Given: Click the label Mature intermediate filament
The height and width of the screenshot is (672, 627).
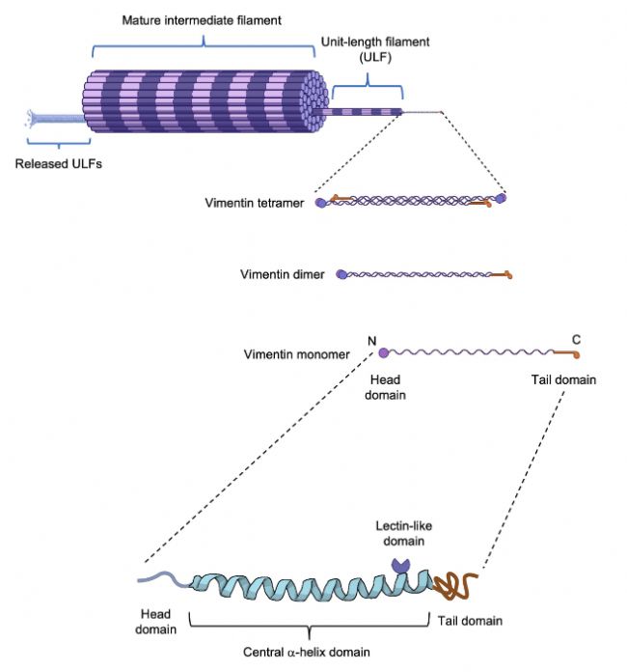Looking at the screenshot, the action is pyautogui.click(x=202, y=20).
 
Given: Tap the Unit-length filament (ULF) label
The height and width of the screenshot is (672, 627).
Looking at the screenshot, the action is pyautogui.click(x=375, y=49).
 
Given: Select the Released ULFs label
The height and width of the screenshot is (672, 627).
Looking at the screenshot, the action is pyautogui.click(x=59, y=164).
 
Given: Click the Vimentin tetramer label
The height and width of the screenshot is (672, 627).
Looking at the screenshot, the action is pyautogui.click(x=255, y=203).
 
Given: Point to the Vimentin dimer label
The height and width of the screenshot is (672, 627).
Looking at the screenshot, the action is pyautogui.click(x=283, y=274).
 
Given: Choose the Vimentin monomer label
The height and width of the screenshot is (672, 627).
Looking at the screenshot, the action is pyautogui.click(x=297, y=354).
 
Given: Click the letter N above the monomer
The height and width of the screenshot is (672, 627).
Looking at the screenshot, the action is pyautogui.click(x=371, y=341).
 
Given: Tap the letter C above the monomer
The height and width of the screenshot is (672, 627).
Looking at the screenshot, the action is pyautogui.click(x=576, y=340).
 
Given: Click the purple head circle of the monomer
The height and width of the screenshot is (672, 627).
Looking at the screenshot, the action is pyautogui.click(x=384, y=352).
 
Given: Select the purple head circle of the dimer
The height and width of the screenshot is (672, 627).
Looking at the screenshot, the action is pyautogui.click(x=341, y=274).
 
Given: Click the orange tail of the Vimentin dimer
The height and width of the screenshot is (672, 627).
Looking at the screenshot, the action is pyautogui.click(x=502, y=275).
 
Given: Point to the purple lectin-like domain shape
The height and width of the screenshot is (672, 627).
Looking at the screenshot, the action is pyautogui.click(x=401, y=566).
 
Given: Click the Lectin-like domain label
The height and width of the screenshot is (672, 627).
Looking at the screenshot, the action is pyautogui.click(x=403, y=533).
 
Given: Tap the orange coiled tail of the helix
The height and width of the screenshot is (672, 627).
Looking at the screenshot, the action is pyautogui.click(x=455, y=585).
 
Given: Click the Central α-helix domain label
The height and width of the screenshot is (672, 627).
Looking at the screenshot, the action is pyautogui.click(x=306, y=652).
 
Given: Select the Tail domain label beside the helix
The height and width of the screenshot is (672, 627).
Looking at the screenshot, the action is pyautogui.click(x=470, y=621).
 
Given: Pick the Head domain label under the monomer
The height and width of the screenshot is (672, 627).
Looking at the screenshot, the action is pyautogui.click(x=385, y=387).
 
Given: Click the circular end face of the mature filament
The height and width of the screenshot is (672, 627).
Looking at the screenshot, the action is pyautogui.click(x=315, y=101).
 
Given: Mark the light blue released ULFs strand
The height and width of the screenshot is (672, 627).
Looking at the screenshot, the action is pyautogui.click(x=56, y=119).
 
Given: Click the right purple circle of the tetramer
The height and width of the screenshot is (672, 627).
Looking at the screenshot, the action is pyautogui.click(x=501, y=198).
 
